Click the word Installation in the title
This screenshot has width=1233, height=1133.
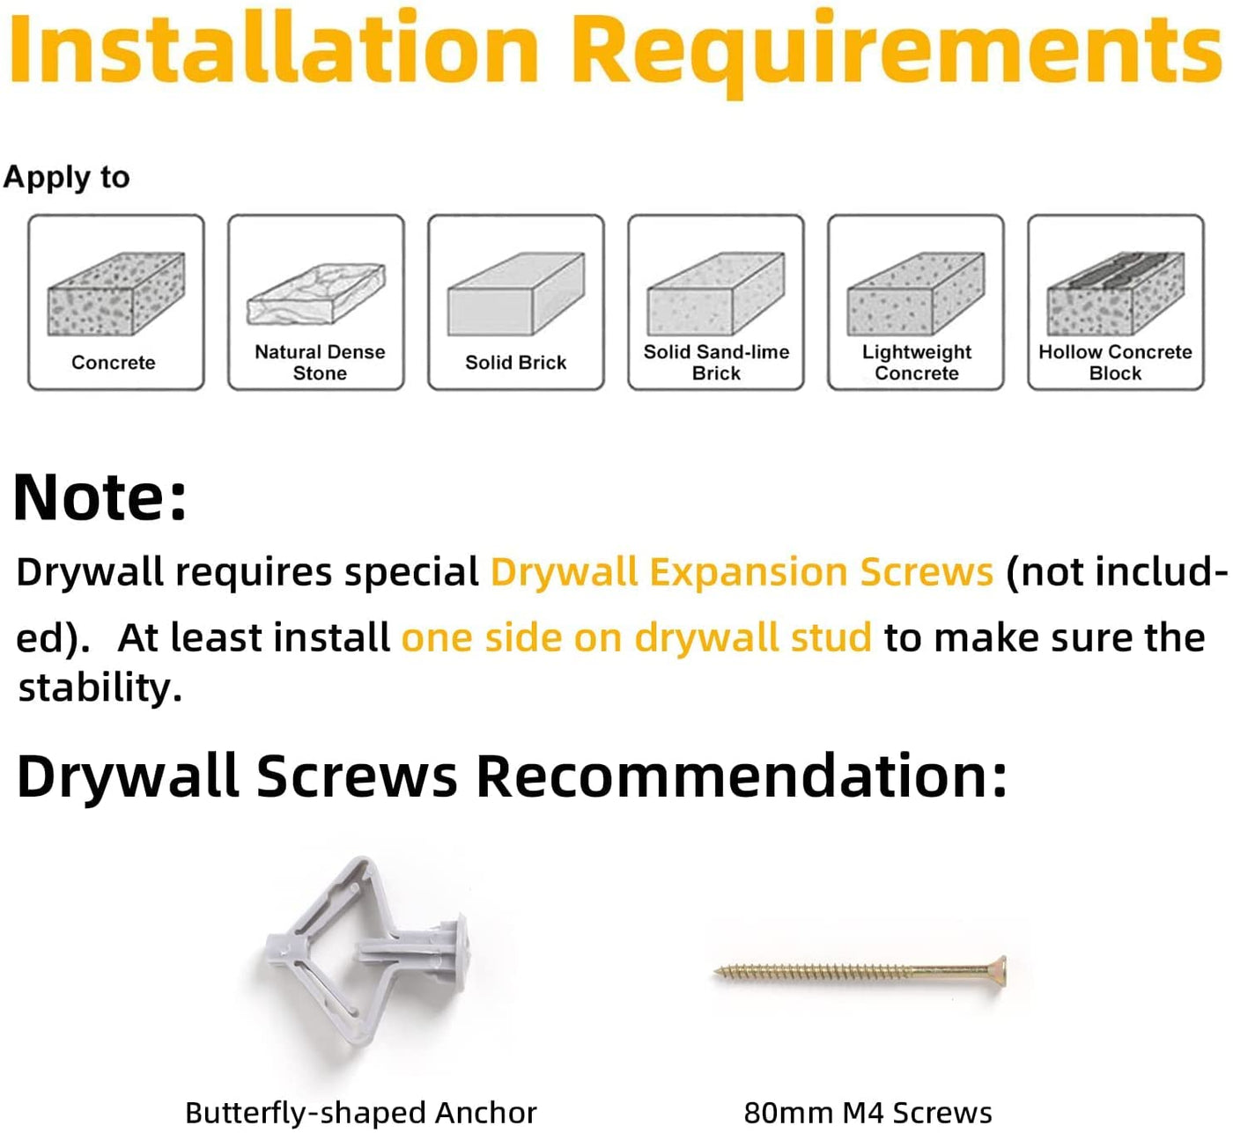tap(275, 47)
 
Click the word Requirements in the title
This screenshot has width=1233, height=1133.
tap(898, 53)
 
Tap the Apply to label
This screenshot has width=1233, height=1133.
tap(66, 177)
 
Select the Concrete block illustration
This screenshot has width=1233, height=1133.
tap(116, 294)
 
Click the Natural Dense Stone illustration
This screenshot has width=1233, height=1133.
tap(316, 294)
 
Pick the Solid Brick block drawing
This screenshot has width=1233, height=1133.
tap(516, 294)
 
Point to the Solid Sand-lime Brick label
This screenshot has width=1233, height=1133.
tap(716, 362)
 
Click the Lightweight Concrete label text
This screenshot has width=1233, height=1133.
tap(917, 362)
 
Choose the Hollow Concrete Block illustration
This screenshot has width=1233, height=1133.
tap(1116, 294)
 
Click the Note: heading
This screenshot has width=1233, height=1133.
tap(100, 497)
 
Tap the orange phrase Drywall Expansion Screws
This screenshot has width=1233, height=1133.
tap(742, 572)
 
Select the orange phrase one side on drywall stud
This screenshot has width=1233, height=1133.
tap(636, 637)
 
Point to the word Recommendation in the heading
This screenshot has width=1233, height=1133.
tap(742, 776)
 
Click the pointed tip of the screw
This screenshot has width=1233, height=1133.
tap(715, 971)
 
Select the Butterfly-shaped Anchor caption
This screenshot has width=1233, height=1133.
tap(361, 1112)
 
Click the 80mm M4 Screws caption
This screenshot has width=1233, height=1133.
tap(868, 1112)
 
